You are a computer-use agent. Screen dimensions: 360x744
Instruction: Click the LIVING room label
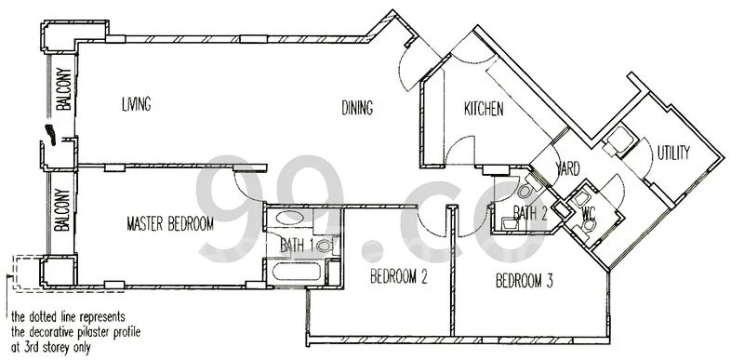click(136, 103)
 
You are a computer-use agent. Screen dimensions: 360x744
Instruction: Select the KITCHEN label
click(484, 110)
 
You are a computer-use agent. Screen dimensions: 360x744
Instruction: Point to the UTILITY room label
click(673, 153)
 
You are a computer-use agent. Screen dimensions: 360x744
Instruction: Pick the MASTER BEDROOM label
click(170, 224)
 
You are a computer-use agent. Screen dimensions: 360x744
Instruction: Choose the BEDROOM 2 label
click(398, 276)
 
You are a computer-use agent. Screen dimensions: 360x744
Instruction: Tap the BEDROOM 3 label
click(525, 280)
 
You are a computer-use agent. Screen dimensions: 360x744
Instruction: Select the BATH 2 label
click(529, 213)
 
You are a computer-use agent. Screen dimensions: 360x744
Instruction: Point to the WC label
click(589, 213)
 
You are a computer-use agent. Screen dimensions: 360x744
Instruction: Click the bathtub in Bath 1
click(296, 273)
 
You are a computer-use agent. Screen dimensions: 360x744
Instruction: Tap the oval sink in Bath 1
click(290, 220)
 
